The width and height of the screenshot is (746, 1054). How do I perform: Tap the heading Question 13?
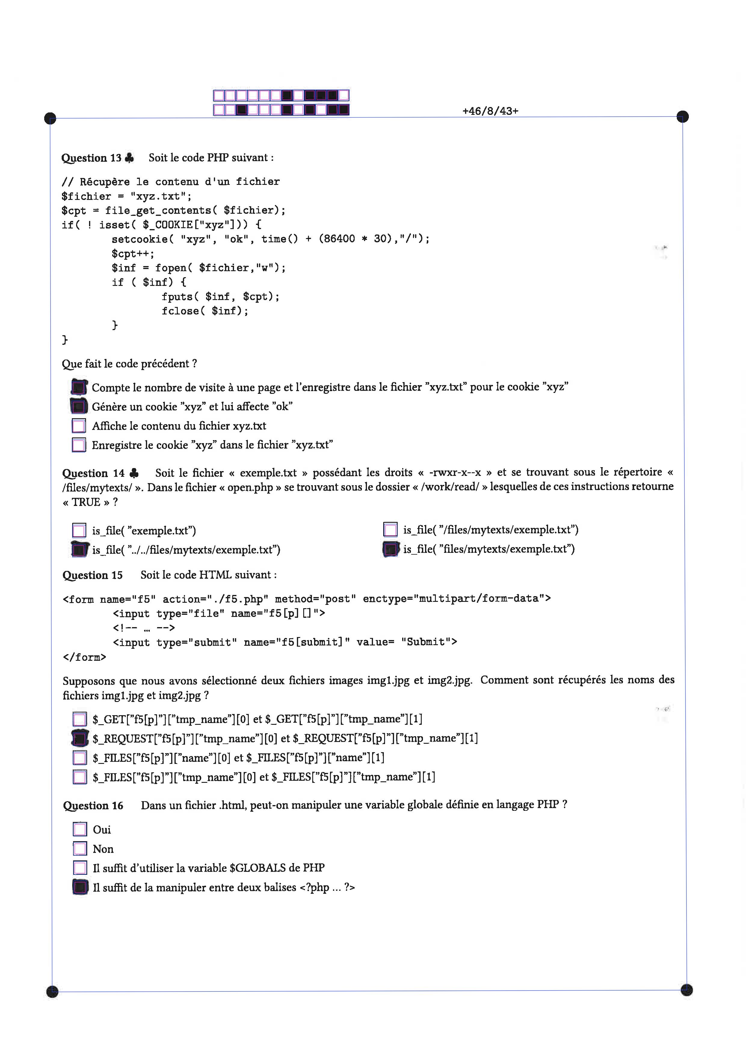(91, 158)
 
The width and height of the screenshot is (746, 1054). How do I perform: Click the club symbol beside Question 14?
(134, 473)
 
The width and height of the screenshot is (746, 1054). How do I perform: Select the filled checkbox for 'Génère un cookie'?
(79, 406)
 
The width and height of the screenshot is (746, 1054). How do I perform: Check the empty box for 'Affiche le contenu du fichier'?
(79, 426)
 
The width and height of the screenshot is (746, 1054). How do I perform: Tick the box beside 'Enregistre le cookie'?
(79, 445)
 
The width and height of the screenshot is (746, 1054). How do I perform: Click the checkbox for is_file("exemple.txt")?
(79, 531)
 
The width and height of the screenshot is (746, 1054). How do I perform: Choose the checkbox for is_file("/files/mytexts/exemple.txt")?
(390, 530)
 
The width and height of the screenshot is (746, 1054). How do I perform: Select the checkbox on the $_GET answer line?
(80, 719)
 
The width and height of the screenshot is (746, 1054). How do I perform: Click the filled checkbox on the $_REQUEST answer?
(80, 738)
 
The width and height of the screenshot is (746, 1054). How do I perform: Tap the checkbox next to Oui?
(80, 829)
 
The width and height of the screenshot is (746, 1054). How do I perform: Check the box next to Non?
(80, 848)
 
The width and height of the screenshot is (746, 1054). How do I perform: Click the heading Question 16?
(93, 806)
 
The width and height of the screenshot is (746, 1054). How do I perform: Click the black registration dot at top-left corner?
(50, 118)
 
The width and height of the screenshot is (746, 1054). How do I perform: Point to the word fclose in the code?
(180, 311)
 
